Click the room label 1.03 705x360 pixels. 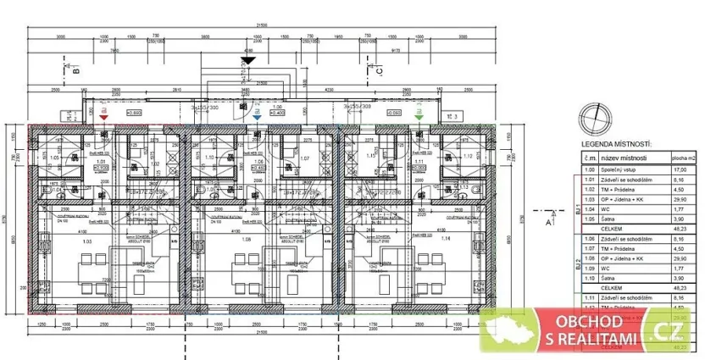click(x=86, y=240)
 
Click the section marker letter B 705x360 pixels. click(x=75, y=72)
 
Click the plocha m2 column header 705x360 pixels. click(x=685, y=158)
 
